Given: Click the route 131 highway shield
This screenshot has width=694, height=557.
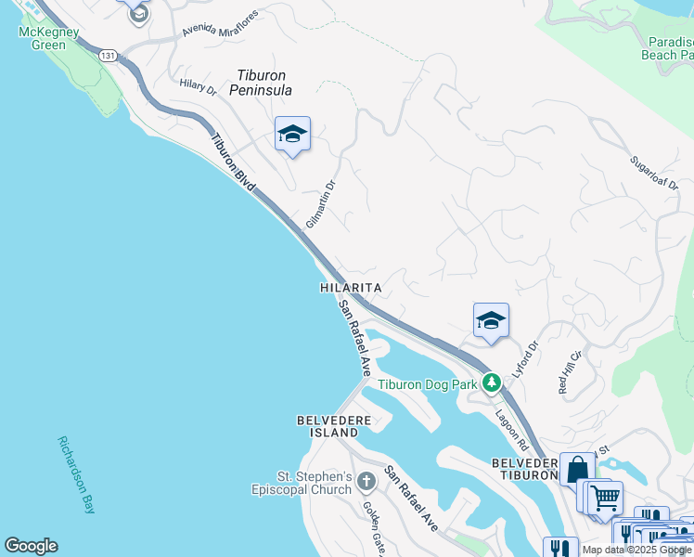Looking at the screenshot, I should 109,56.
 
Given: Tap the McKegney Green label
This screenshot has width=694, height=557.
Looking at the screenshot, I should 43,38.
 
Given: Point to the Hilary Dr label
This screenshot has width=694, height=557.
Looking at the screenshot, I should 198,87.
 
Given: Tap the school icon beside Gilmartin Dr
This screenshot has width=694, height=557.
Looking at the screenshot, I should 292,135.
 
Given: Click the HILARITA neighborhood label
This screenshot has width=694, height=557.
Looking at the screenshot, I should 351,289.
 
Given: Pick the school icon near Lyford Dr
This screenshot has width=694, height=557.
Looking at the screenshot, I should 491,321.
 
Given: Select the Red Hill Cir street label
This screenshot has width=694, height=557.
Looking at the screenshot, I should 569,372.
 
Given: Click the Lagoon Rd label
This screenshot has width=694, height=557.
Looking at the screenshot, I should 510,427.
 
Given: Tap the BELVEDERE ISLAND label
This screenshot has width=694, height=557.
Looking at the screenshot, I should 327,427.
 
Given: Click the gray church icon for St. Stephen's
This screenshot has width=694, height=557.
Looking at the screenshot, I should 366,481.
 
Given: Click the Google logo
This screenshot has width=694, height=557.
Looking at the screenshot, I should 31,546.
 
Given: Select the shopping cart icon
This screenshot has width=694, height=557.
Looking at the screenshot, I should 605,498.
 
